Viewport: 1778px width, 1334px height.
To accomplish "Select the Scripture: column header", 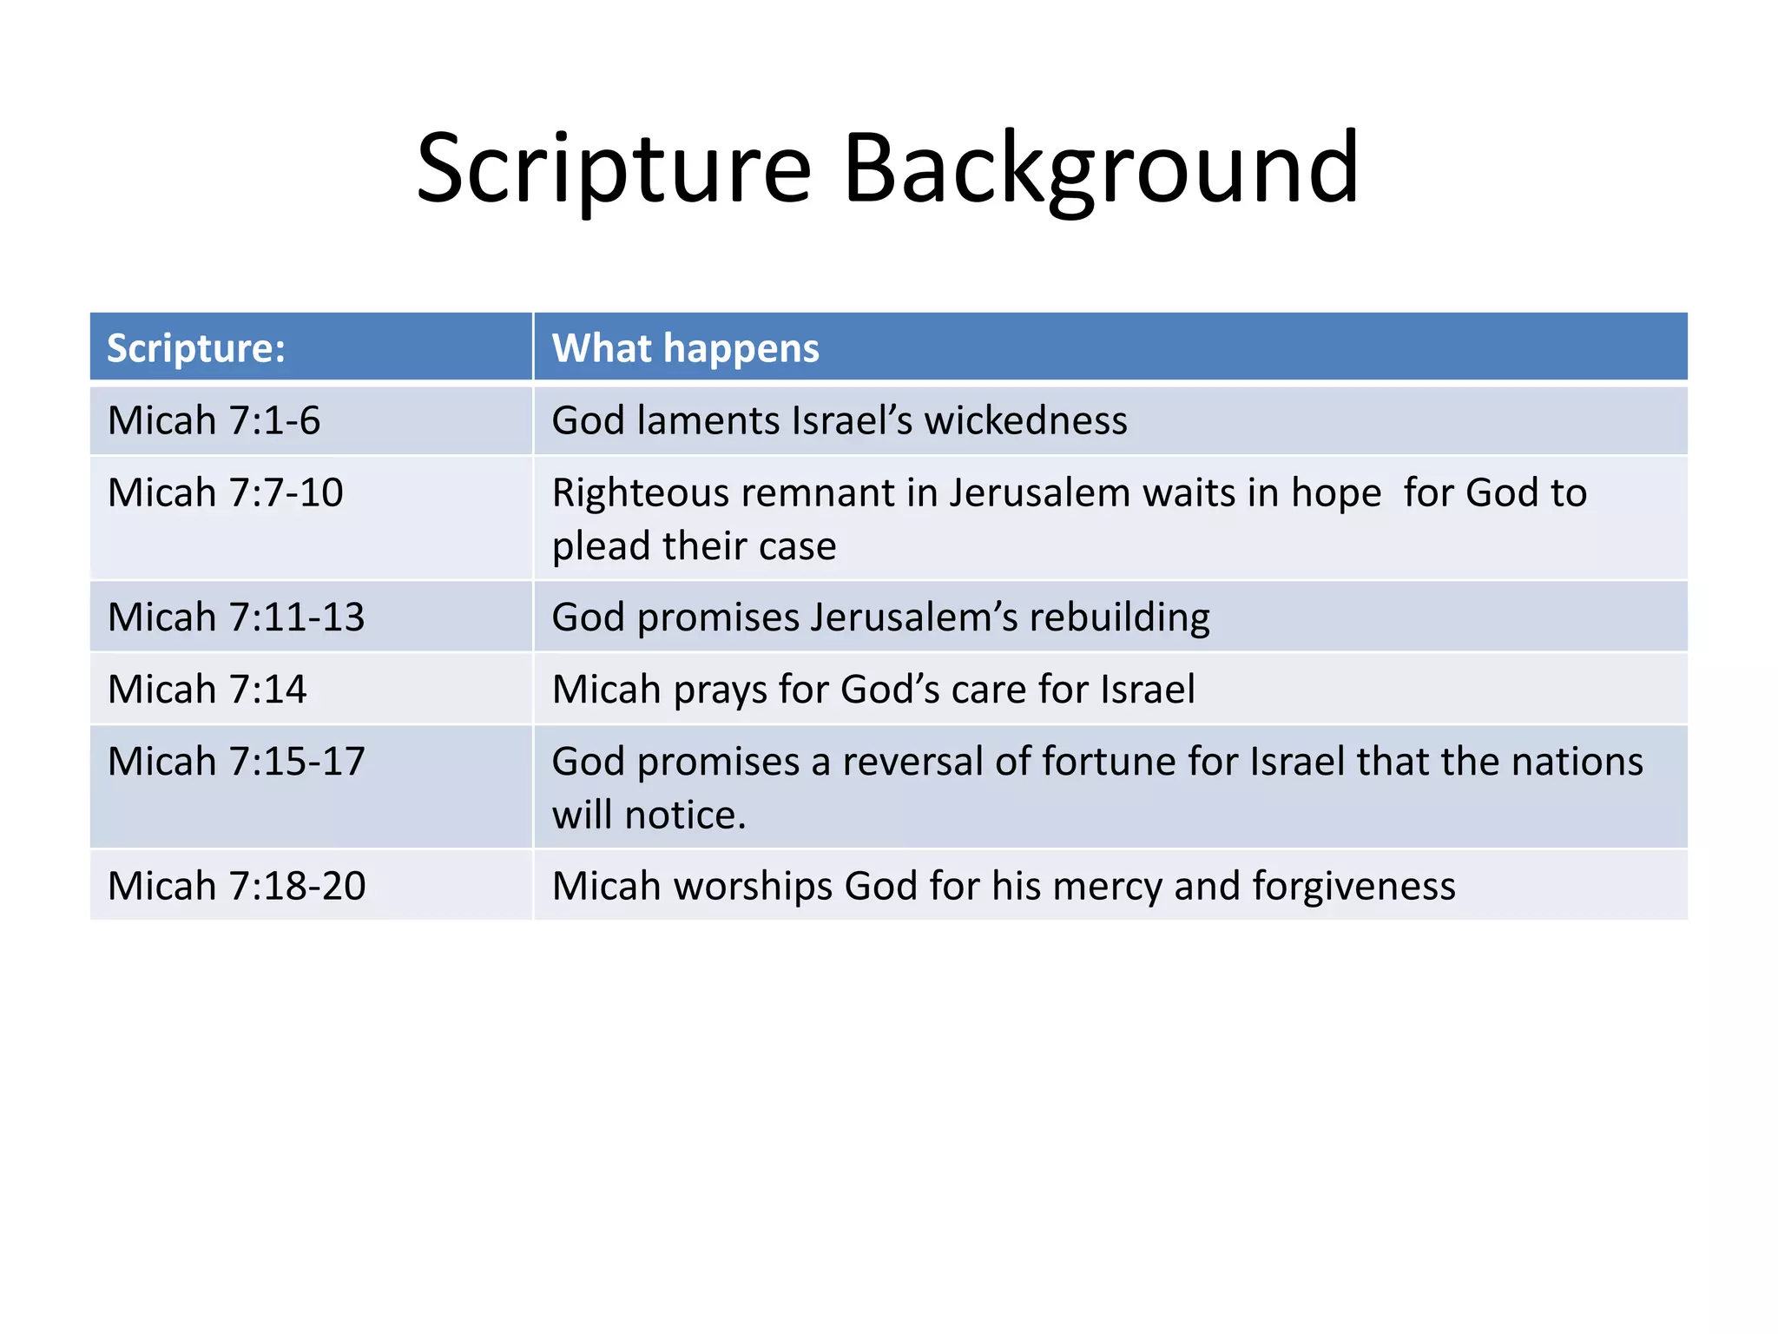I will [196, 348].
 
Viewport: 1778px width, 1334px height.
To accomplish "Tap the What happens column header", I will [685, 348].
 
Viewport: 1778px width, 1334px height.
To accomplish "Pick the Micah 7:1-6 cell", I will [214, 420].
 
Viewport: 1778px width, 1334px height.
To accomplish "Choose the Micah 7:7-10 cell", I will [226, 492].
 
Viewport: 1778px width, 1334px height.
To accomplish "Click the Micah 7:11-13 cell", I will [236, 617].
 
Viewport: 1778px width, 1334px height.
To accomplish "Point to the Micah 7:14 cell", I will [207, 690].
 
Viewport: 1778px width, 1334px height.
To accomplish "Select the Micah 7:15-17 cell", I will [236, 762].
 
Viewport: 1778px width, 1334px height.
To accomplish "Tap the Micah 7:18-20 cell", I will [237, 886].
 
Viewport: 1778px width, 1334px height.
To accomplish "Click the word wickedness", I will [1025, 420].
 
